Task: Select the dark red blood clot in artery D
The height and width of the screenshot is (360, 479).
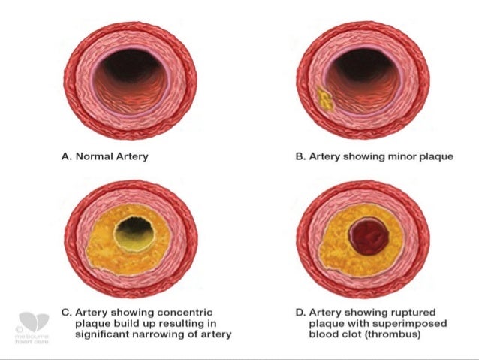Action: click(x=368, y=237)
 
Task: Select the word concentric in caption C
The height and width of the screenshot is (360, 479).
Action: click(x=182, y=312)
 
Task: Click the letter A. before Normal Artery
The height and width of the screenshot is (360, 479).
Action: click(x=65, y=158)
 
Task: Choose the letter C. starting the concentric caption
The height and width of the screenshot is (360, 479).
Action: click(x=65, y=312)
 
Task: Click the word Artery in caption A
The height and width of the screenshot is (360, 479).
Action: click(x=131, y=158)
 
